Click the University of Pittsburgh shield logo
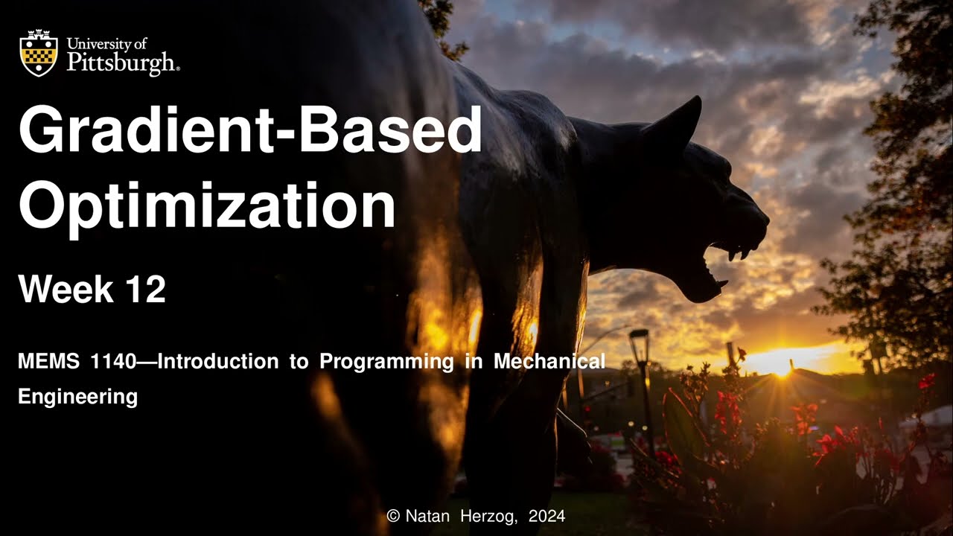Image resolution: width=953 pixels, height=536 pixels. click(38, 53)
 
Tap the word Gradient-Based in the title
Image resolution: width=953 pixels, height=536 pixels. click(249, 130)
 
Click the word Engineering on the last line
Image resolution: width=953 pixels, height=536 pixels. click(77, 397)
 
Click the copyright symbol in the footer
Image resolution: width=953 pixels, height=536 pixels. click(393, 516)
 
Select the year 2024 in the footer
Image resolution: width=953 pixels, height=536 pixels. click(547, 516)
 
